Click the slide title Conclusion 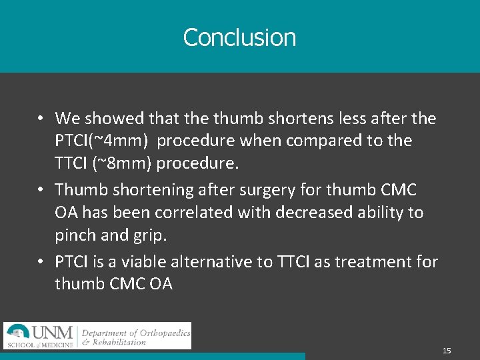click(x=239, y=37)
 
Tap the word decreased click(x=309, y=213)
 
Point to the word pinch click(x=76, y=235)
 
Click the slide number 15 click(x=447, y=351)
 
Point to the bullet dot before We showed click(x=41, y=119)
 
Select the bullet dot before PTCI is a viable click(x=41, y=262)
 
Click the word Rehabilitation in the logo click(x=119, y=343)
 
